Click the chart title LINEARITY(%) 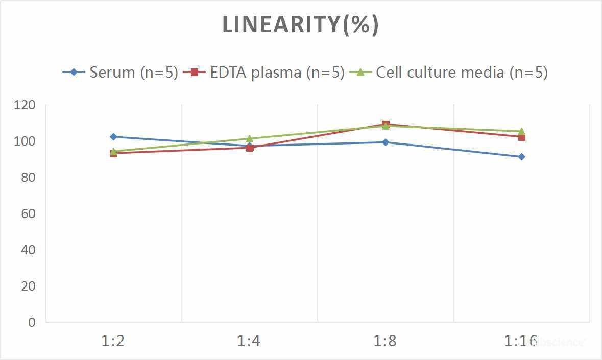(300, 25)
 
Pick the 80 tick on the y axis (29, 178)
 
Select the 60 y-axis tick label (29, 213)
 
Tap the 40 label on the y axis (29, 250)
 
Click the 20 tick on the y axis (29, 286)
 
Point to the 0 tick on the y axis (32, 322)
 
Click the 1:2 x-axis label (113, 341)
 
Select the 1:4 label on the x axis (249, 341)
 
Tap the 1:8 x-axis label (385, 341)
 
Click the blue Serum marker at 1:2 (113, 137)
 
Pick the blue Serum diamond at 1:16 (521, 157)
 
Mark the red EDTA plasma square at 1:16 (521, 137)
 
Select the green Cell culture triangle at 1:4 (250, 139)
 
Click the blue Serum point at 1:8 (386, 142)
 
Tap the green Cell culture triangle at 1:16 (521, 131)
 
